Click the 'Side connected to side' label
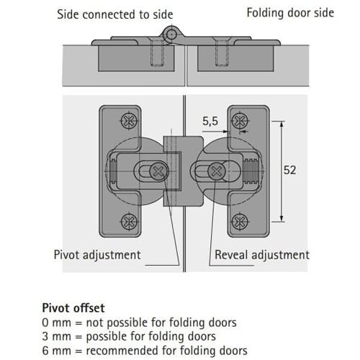coord(115,14)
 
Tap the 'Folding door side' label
coord(290,13)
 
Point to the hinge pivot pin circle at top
coord(171,35)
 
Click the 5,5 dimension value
coord(210,121)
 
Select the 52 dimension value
coord(289,170)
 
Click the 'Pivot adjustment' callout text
coord(97,255)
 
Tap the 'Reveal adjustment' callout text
coord(262,255)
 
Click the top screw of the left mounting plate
coord(129,120)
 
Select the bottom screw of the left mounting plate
coord(129,222)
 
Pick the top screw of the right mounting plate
coord(239,120)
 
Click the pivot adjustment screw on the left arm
coord(158,171)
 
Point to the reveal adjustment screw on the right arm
coord(217,171)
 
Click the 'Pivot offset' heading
coord(73,308)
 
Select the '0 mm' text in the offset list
coord(56,323)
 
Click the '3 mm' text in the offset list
coord(56,336)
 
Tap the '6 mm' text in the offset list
coord(56,351)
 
